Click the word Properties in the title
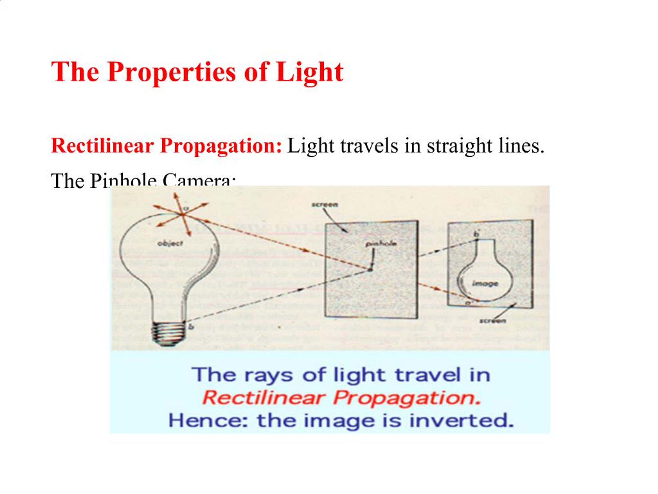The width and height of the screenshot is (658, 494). pyautogui.click(x=172, y=72)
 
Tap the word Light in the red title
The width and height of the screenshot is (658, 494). pyautogui.click(x=309, y=72)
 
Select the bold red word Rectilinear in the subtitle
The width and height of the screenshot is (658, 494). pyautogui.click(x=103, y=146)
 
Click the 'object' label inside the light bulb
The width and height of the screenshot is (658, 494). pyautogui.click(x=170, y=243)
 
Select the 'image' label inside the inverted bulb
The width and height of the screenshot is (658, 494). pyautogui.click(x=485, y=284)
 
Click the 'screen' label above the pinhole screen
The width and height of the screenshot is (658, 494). pyautogui.click(x=325, y=205)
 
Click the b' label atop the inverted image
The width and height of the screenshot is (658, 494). pyautogui.click(x=477, y=234)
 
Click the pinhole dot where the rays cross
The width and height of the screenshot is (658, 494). pyautogui.click(x=370, y=270)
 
